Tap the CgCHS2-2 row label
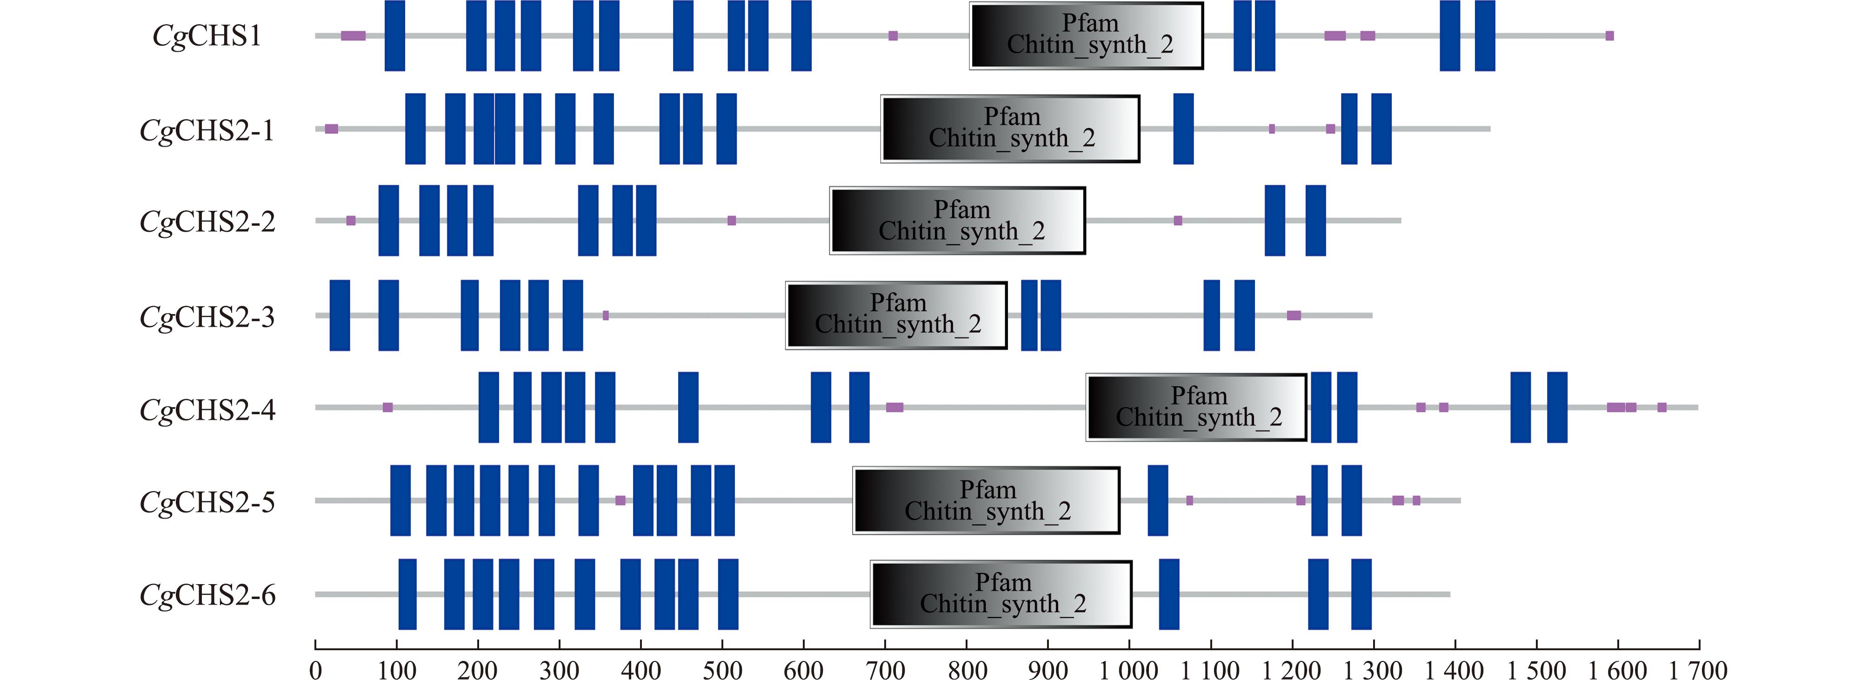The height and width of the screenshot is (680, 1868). (207, 222)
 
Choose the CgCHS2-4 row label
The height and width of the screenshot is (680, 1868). (207, 410)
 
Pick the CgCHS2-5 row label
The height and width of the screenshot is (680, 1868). (207, 502)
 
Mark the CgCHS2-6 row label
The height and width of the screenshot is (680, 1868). (207, 595)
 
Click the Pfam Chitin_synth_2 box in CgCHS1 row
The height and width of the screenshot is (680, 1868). (1086, 35)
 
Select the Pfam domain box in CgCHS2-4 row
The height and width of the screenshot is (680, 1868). (1196, 407)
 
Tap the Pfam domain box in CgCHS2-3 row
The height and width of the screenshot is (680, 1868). (896, 315)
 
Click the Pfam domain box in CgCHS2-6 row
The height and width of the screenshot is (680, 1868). (1001, 593)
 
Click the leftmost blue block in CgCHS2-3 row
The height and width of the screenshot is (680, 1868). (340, 315)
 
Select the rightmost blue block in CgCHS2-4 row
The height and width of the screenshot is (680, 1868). (1557, 407)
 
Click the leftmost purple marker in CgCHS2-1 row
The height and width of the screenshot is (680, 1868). (331, 129)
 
